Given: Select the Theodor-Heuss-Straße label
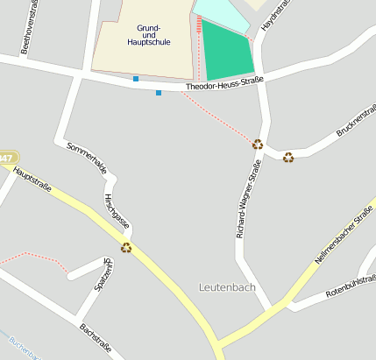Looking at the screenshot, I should (224, 84).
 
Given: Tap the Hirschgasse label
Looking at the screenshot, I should (117, 210).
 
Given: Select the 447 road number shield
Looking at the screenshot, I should (7, 159).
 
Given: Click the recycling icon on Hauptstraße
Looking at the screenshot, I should (126, 247).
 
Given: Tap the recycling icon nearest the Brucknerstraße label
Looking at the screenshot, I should (288, 157).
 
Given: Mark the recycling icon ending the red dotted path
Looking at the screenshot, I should (258, 145).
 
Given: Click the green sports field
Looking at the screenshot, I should (226, 51).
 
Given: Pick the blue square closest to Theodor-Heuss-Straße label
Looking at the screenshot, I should (159, 93).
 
